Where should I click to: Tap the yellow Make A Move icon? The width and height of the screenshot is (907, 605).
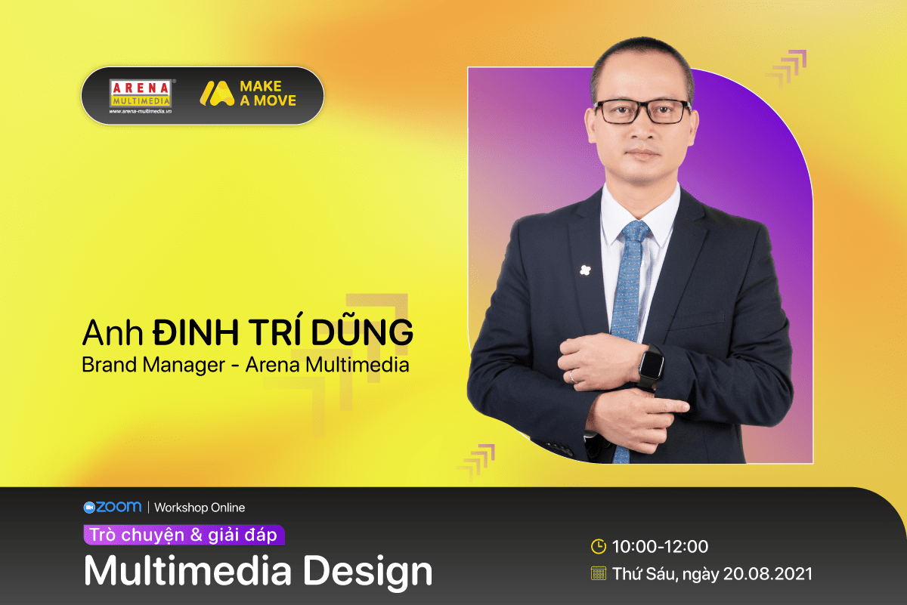[217, 94]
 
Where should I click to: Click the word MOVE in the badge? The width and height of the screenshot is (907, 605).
[275, 100]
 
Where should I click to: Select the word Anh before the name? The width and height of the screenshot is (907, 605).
[113, 332]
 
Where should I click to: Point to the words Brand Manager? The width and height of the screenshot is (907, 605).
[153, 365]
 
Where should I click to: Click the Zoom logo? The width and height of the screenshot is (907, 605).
[113, 507]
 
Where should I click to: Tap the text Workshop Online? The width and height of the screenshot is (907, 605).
[200, 508]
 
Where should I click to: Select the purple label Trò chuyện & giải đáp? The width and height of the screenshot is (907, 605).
[184, 535]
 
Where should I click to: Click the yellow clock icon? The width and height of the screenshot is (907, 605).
[599, 546]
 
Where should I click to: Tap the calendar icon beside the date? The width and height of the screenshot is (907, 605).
[599, 573]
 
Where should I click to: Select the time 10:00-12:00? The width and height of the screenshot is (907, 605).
[660, 546]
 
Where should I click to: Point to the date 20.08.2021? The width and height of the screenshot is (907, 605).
[768, 573]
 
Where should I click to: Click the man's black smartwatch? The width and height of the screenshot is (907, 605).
[651, 366]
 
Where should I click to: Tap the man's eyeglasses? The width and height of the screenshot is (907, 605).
[643, 111]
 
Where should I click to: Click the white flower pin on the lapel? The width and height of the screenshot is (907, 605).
[585, 270]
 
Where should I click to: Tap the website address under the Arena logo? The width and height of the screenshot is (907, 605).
[141, 111]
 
